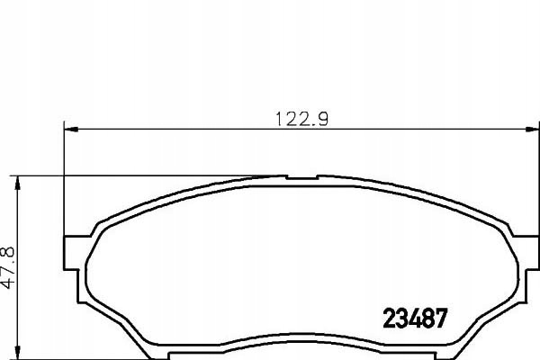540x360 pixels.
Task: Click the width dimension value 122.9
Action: click(302, 120)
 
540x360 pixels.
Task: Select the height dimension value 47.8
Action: click(7, 267)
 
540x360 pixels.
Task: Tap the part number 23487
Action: click(415, 318)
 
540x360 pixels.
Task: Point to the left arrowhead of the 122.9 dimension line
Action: click(71, 130)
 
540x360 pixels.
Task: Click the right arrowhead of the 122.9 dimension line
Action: click(532, 130)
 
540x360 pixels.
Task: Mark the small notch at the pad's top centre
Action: click(302, 177)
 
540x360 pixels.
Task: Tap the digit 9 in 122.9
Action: click(323, 120)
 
